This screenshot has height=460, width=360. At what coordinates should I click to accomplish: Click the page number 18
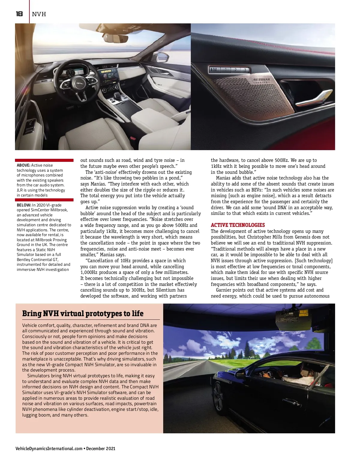(x=19, y=14)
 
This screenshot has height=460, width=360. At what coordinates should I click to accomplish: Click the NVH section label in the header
(x=39, y=14)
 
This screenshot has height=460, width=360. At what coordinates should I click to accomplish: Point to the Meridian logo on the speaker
(x=261, y=81)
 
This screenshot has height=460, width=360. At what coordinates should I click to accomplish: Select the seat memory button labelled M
(x=214, y=70)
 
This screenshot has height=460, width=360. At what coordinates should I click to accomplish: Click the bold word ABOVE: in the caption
(x=23, y=165)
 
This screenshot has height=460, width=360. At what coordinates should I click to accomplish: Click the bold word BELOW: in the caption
(x=24, y=205)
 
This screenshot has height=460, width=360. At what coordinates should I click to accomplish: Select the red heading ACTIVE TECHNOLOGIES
(x=238, y=225)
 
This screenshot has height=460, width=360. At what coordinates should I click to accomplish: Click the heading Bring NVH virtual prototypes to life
(x=83, y=313)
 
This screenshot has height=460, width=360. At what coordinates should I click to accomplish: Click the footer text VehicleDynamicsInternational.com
(x=49, y=449)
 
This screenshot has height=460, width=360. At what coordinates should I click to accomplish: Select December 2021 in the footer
(x=101, y=449)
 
